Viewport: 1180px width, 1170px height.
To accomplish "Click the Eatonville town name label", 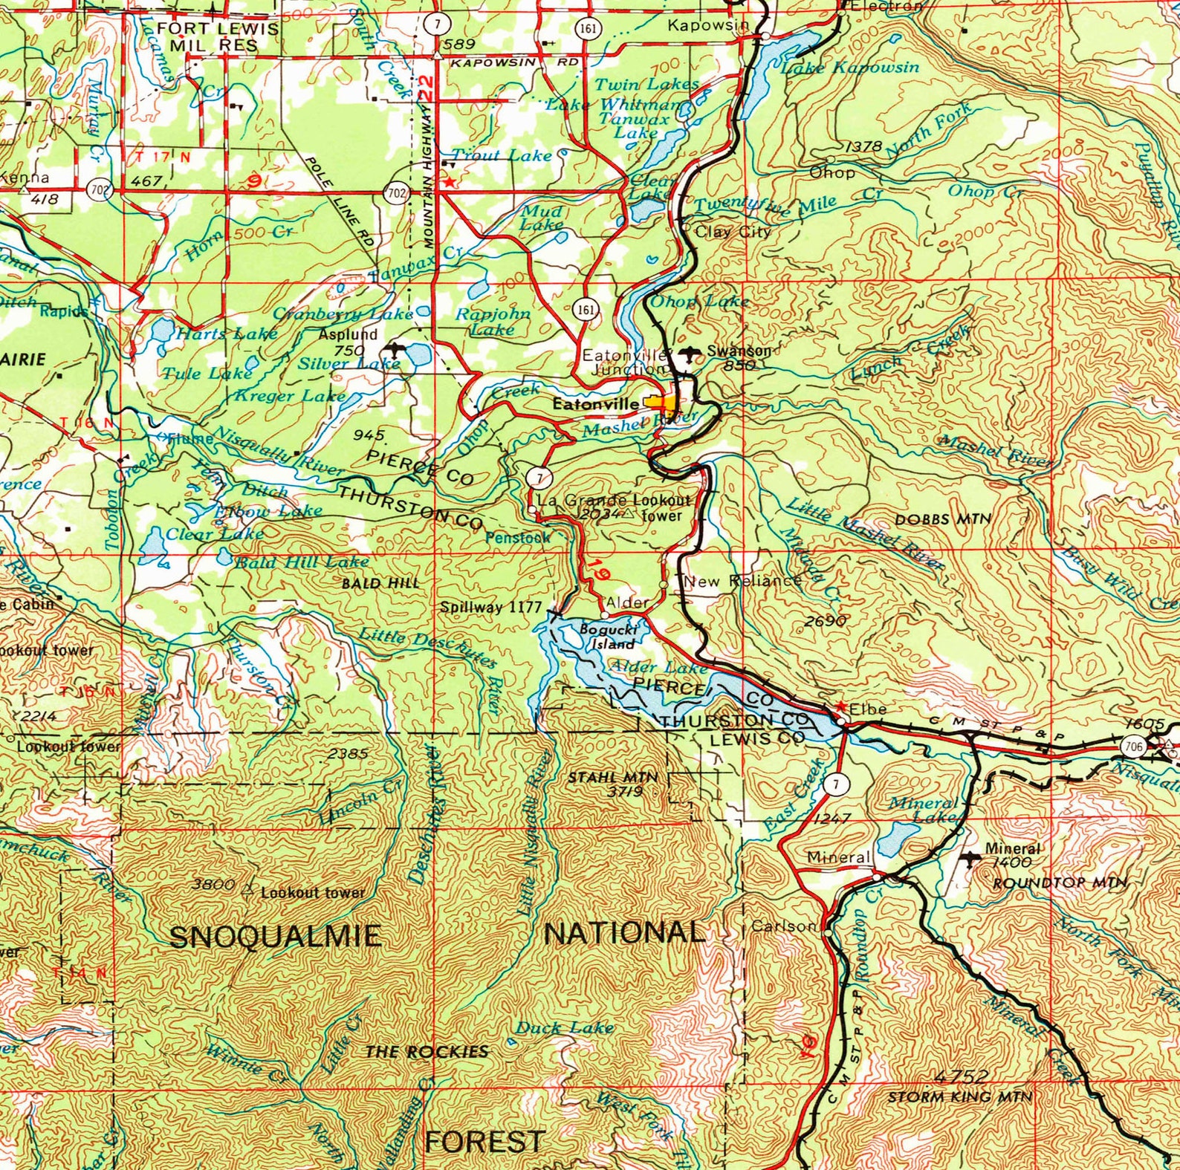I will (595, 405).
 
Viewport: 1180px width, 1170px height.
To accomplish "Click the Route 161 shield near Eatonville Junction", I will (586, 309).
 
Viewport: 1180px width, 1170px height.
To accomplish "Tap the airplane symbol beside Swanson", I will (689, 354).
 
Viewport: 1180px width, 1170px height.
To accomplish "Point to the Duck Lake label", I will (564, 1028).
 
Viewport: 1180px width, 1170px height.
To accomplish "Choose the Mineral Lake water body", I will (895, 839).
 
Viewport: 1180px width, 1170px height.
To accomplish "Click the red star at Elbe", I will (840, 705).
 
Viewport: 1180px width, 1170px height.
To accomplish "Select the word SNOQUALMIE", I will (276, 937).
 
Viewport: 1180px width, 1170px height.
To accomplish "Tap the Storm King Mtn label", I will (960, 1096).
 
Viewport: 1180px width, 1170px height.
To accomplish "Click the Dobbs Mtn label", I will (943, 519).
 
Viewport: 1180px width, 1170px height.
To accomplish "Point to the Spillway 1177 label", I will (490, 607).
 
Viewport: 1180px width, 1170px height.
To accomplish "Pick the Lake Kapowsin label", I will (851, 68).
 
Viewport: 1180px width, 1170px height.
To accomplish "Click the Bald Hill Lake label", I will (302, 562).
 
